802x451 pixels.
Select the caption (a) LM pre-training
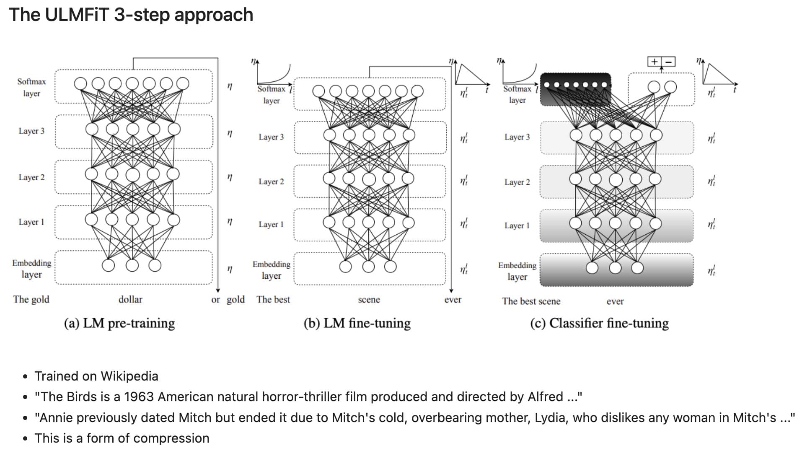point(119,323)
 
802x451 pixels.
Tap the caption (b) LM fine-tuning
point(357,323)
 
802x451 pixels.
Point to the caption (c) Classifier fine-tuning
point(599,323)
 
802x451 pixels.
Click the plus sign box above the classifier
point(654,62)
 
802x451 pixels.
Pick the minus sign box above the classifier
point(668,62)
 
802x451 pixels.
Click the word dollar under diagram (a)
point(130,299)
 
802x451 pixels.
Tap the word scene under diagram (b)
point(369,299)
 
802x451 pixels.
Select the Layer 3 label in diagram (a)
point(31,131)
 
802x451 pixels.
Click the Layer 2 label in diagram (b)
point(271,181)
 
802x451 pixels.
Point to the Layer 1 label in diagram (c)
point(517,225)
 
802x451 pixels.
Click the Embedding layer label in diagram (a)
point(31,269)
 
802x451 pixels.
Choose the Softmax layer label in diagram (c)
point(517,94)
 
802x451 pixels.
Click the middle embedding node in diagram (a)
point(132,265)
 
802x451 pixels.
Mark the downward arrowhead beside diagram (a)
point(218,290)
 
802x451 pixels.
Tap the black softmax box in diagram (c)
point(575,89)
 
